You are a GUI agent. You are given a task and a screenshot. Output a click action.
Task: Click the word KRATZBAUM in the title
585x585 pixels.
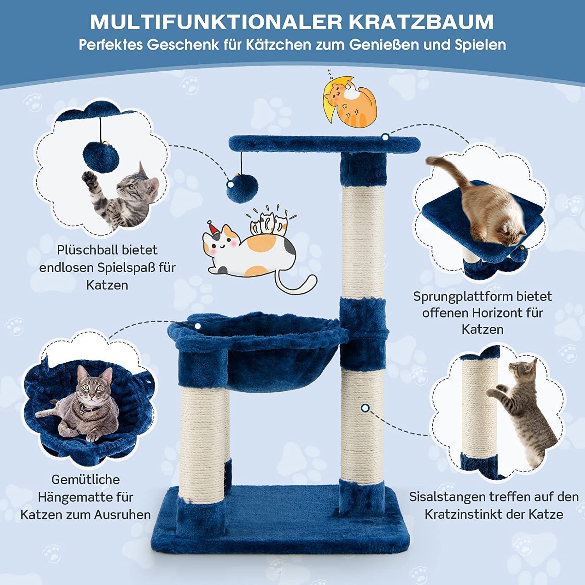pyautogui.click(x=421, y=22)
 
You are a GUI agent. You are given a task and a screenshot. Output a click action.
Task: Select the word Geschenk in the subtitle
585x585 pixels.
pyautogui.click(x=183, y=44)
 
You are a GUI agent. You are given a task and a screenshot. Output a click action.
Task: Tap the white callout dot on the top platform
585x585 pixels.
pyautogui.click(x=385, y=137)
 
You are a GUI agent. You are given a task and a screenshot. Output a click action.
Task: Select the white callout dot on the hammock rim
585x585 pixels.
pyautogui.click(x=198, y=326)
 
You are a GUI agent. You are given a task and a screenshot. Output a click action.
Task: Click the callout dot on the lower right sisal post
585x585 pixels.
pyautogui.click(x=365, y=408)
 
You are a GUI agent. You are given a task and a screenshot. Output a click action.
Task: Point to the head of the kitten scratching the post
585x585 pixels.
pyautogui.click(x=522, y=372)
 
